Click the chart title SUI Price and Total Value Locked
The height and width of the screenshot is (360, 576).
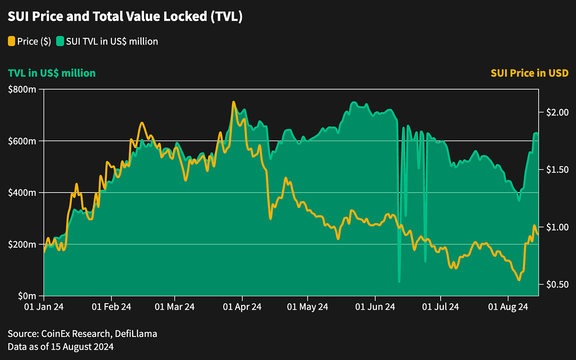[125, 16]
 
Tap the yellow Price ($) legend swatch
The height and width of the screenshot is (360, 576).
[12, 41]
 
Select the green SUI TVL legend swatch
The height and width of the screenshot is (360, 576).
[60, 41]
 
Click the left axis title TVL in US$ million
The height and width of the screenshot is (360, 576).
[52, 73]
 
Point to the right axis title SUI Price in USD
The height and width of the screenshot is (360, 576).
[530, 73]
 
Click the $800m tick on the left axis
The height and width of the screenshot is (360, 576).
[22, 89]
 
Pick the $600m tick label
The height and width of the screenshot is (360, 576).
[22, 141]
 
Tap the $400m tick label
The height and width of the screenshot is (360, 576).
[22, 193]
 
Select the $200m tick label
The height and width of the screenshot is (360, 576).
[22, 244]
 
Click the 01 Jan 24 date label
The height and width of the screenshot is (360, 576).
[44, 307]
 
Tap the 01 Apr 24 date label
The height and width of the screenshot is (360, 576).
[242, 307]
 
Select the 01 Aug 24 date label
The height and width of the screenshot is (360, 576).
[508, 307]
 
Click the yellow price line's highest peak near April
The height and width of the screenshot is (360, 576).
[234, 102]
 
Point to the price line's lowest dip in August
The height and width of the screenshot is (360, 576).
[519, 280]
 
